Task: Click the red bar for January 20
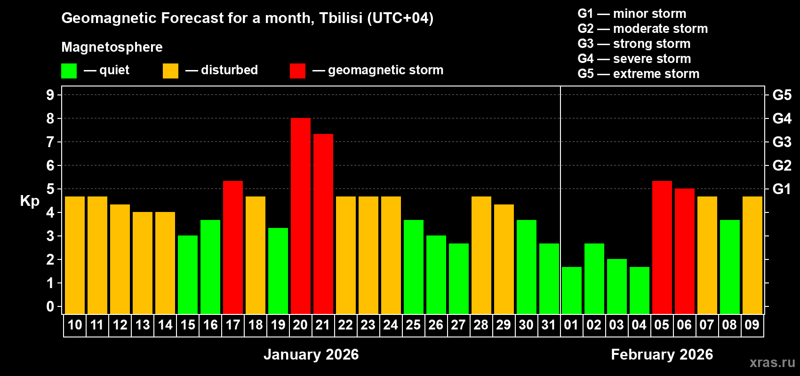click(x=300, y=216)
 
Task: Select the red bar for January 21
click(x=323, y=224)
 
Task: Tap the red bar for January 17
click(x=232, y=247)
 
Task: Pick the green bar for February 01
click(x=571, y=290)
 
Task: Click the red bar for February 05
click(x=662, y=247)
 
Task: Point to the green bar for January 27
click(x=458, y=278)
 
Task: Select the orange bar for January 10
click(x=74, y=255)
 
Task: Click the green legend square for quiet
click(x=69, y=71)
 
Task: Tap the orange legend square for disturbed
click(x=170, y=71)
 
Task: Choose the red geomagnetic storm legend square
click(x=297, y=71)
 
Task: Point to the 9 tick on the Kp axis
click(x=50, y=95)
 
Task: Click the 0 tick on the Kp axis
click(x=50, y=306)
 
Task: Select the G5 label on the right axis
click(x=782, y=95)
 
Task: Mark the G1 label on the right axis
click(x=782, y=189)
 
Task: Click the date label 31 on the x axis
click(x=549, y=325)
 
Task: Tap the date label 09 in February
click(x=752, y=325)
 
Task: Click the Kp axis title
click(x=30, y=201)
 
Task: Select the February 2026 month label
click(x=662, y=354)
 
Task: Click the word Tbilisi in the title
click(x=341, y=18)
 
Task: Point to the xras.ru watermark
click(x=772, y=362)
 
